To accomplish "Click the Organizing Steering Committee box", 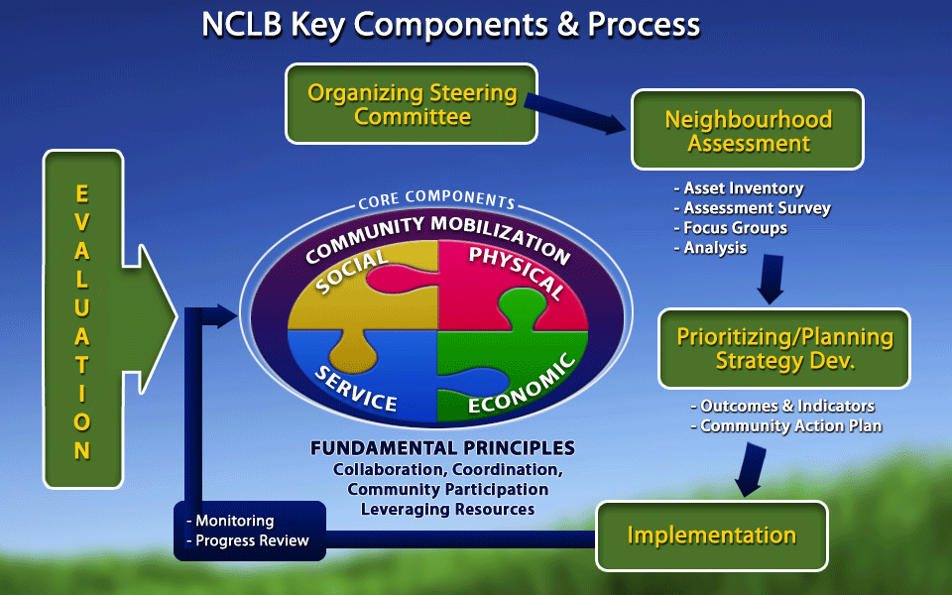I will point(412,104).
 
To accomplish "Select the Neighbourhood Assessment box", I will point(748,130).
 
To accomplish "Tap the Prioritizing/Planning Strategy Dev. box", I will point(784,348).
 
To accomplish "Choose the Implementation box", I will point(711,535).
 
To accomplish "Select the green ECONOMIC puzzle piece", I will point(506,382).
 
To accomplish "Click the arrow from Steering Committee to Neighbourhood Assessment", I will point(576,112).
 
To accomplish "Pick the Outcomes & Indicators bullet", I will point(784,406).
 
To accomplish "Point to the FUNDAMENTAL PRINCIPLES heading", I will point(442,447).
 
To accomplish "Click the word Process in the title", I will point(644,24).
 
